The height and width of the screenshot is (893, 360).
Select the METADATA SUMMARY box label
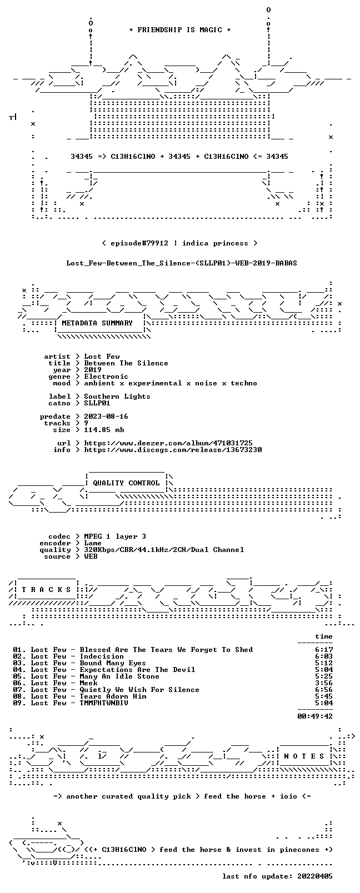[x=97, y=323]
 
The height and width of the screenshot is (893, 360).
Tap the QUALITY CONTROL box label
[x=126, y=483]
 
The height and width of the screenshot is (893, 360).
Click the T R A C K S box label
[x=46, y=590]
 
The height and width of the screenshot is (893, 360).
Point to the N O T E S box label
[x=304, y=756]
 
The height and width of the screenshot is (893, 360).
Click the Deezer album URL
[x=168, y=443]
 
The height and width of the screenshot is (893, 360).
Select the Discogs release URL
[x=173, y=450]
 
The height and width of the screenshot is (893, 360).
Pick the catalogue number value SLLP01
[x=97, y=403]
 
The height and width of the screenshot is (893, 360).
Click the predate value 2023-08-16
[x=106, y=417]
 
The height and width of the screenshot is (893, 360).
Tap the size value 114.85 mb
[x=104, y=430]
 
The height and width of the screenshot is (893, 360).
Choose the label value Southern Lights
[x=117, y=397]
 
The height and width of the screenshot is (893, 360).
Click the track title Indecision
[x=102, y=656]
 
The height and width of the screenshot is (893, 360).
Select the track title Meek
[x=88, y=683]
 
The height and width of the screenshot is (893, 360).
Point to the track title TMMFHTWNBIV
[x=104, y=703]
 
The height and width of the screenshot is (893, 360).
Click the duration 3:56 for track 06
[x=324, y=683]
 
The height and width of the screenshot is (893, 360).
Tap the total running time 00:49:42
[x=315, y=716]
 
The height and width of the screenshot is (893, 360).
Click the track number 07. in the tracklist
[x=19, y=690]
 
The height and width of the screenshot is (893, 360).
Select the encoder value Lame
[x=93, y=543]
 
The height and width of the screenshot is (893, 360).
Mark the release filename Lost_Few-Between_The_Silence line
[x=182, y=263]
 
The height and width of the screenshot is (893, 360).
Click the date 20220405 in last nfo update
[x=315, y=876]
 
